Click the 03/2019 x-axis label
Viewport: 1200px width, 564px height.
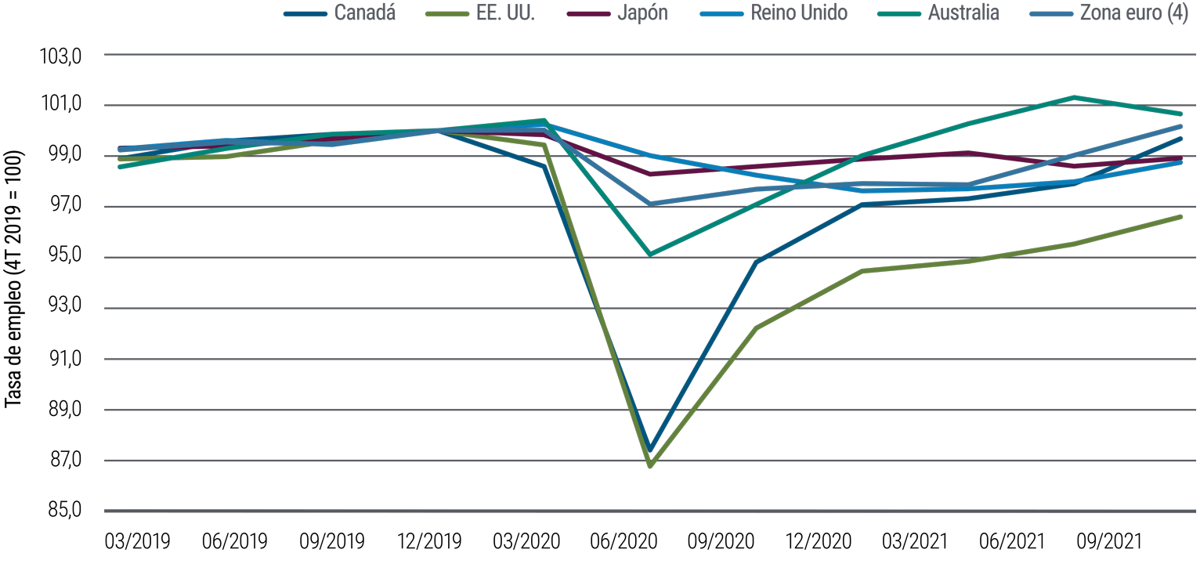click(137, 541)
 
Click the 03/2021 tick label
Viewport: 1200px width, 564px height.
click(914, 541)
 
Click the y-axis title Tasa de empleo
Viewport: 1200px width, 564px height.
click(13, 278)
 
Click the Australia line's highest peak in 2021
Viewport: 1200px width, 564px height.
click(1074, 97)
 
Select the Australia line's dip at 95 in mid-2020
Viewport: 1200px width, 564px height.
click(650, 255)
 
